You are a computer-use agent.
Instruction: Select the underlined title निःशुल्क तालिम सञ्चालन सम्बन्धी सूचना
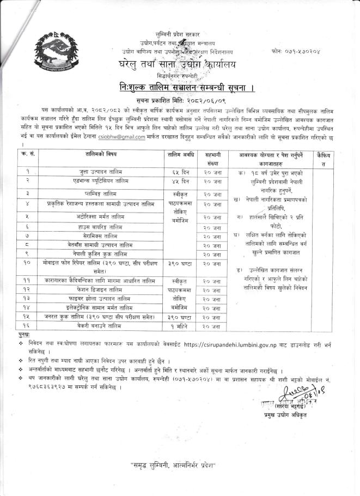[180, 87]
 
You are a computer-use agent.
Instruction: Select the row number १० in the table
[27, 262]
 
